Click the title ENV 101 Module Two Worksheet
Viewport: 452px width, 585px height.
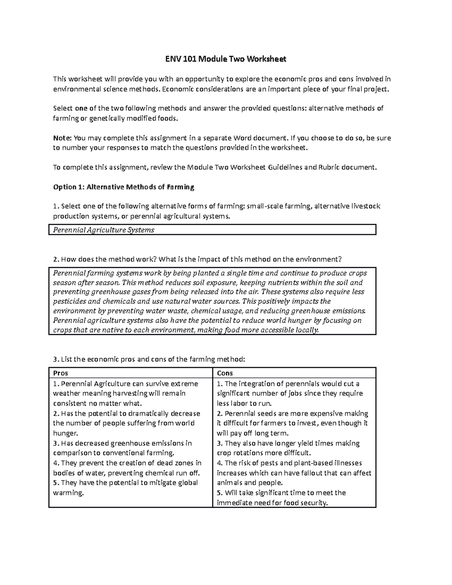pos(226,59)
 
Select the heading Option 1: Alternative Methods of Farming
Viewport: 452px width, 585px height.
pos(124,187)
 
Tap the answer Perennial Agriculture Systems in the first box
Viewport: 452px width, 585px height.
pos(104,230)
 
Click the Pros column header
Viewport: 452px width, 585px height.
pos(61,373)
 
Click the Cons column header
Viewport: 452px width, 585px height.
pos(225,373)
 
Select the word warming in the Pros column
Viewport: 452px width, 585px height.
pos(68,493)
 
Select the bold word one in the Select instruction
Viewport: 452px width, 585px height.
pos(81,108)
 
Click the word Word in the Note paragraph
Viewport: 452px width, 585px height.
pos(244,138)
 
